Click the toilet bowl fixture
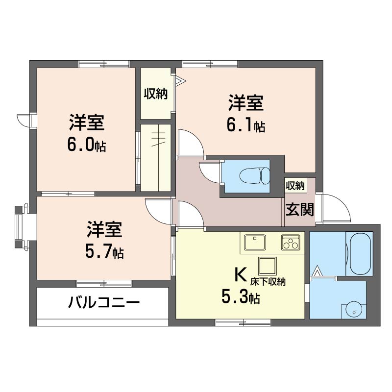point(255,176)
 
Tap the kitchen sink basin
point(255,242)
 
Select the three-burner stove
point(291,242)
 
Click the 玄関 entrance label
point(299,209)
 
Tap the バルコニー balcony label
point(103,302)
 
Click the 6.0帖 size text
point(87,145)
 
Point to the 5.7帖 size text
point(104,251)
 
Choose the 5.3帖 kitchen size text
point(241,297)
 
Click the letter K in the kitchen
point(240,274)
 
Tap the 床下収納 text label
point(268,282)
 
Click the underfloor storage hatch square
point(268,266)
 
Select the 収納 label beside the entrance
point(295,186)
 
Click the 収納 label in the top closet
point(155,94)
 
